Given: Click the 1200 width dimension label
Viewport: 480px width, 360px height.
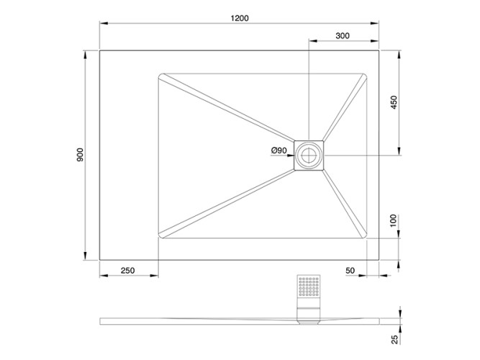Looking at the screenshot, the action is tap(240, 18).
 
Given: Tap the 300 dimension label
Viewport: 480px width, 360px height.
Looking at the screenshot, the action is tap(343, 36).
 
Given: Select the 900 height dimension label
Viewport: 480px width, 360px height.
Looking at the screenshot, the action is tap(80, 155).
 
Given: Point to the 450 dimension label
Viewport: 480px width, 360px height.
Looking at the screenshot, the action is tap(394, 102).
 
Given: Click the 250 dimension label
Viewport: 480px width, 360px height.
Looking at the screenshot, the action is tap(127, 271).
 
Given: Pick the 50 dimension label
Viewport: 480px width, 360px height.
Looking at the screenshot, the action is tap(350, 271).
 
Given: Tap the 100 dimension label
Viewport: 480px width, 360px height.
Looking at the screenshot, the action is tap(394, 220).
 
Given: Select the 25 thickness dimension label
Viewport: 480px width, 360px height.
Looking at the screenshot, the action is tap(395, 339).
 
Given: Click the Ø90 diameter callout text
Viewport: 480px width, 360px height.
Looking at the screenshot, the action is tap(279, 150).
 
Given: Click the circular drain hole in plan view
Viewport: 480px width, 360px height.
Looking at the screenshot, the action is tap(309, 156).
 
